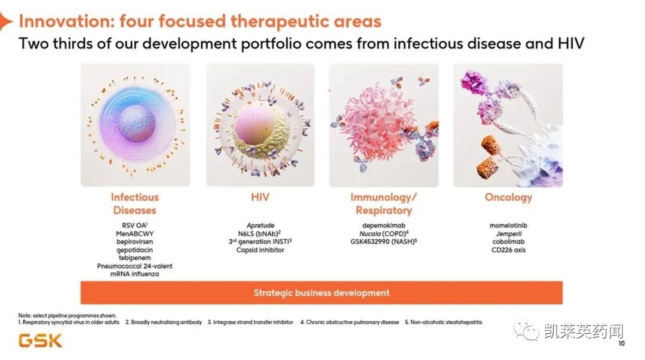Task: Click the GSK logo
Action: click(x=41, y=341)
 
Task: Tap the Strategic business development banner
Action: click(x=321, y=293)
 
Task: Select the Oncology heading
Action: click(x=508, y=198)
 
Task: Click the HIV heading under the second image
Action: click(x=260, y=197)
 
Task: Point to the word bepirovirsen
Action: click(x=134, y=242)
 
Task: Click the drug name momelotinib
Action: click(x=508, y=226)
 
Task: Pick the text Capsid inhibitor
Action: click(x=260, y=250)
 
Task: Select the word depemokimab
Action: click(x=383, y=226)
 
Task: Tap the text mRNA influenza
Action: click(x=134, y=274)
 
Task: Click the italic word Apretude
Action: click(x=260, y=226)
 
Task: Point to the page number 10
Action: click(x=621, y=343)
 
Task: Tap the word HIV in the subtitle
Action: click(x=571, y=43)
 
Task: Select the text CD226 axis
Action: click(x=508, y=250)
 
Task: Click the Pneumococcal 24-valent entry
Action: click(x=134, y=266)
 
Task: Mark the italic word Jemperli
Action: click(x=508, y=233)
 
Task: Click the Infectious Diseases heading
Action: click(x=134, y=204)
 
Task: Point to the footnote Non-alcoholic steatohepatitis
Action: click(x=446, y=322)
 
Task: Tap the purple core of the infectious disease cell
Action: click(x=137, y=124)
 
